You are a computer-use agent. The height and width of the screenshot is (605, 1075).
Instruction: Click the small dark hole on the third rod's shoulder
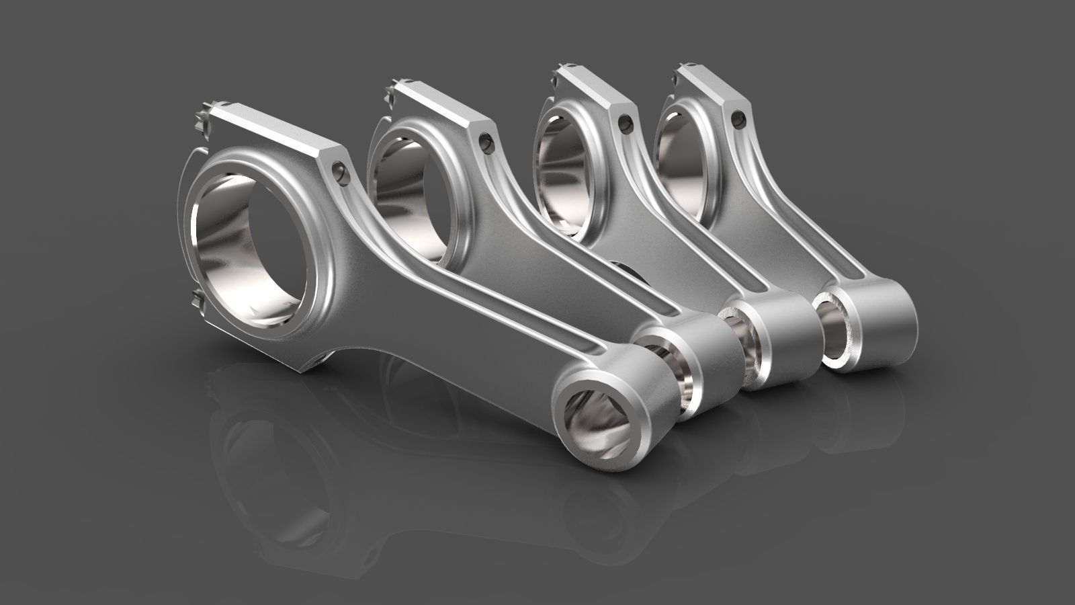pyautogui.click(x=627, y=122)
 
